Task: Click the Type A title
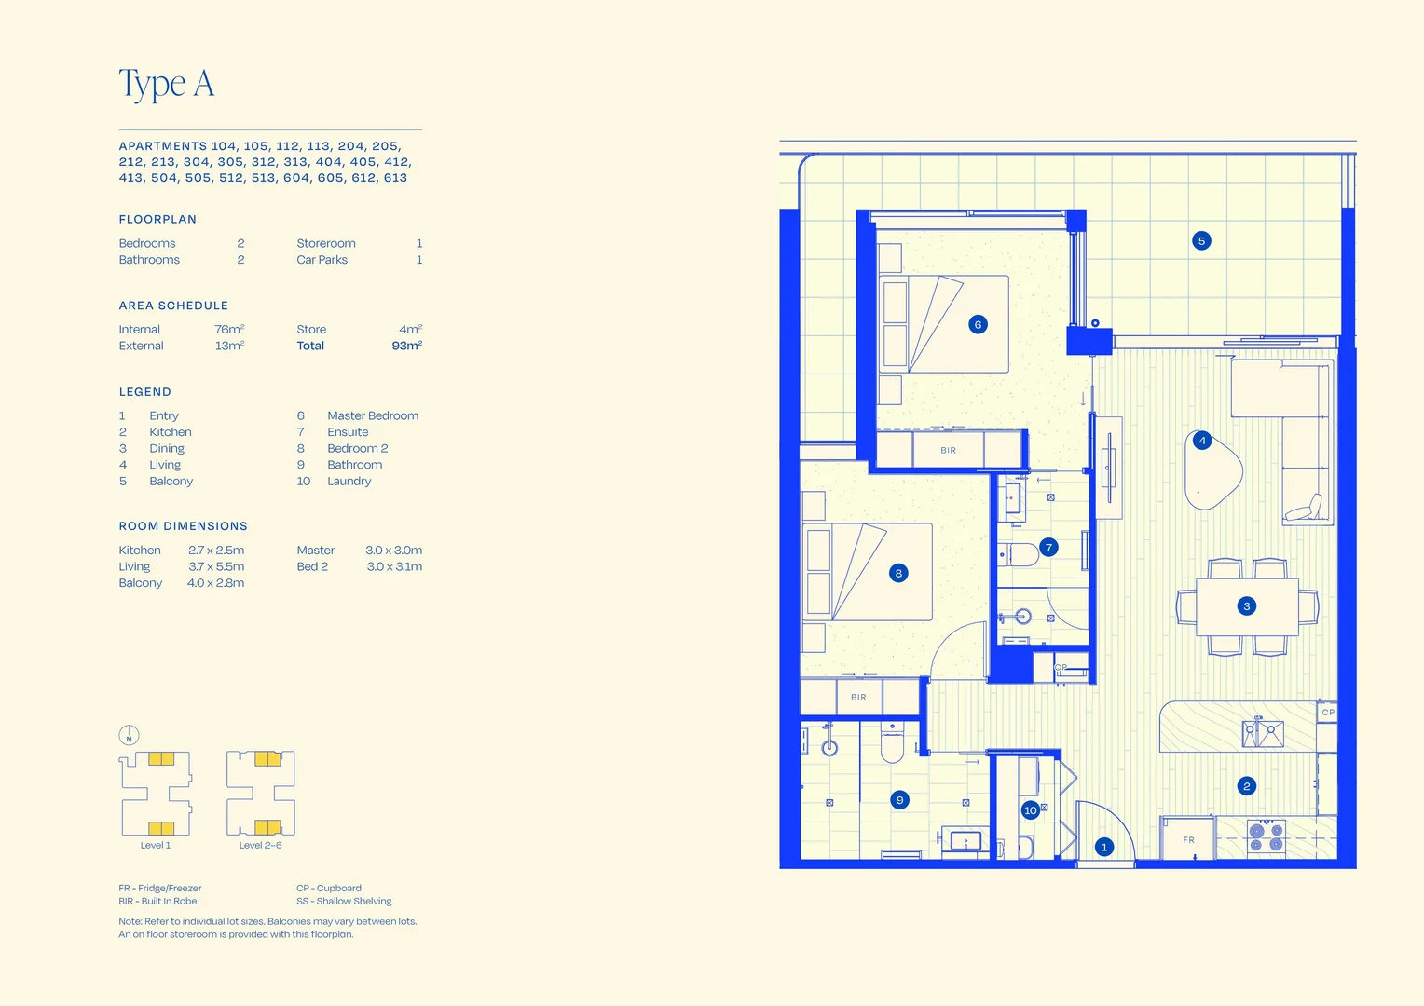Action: pos(167,83)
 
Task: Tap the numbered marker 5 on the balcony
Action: pos(1201,241)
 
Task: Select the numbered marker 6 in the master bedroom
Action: pos(978,325)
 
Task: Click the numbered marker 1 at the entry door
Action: pos(1104,847)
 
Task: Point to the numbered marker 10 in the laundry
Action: pos(1031,810)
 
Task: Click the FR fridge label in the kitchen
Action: pos(1188,839)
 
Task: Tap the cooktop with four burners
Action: pos(1267,836)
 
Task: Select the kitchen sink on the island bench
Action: pos(1263,733)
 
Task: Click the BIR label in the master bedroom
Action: pos(948,450)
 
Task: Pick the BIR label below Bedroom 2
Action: pos(858,697)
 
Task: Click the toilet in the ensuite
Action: pos(1019,554)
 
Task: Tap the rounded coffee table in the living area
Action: pos(1212,469)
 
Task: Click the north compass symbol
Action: pos(129,735)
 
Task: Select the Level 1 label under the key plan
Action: pos(155,845)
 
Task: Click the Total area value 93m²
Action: pos(407,346)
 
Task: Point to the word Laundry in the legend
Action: pos(349,481)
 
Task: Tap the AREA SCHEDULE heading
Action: pos(173,306)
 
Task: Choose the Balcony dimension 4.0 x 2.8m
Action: pos(215,583)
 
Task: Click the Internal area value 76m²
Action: pos(229,329)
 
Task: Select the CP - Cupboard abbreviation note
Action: pos(329,888)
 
